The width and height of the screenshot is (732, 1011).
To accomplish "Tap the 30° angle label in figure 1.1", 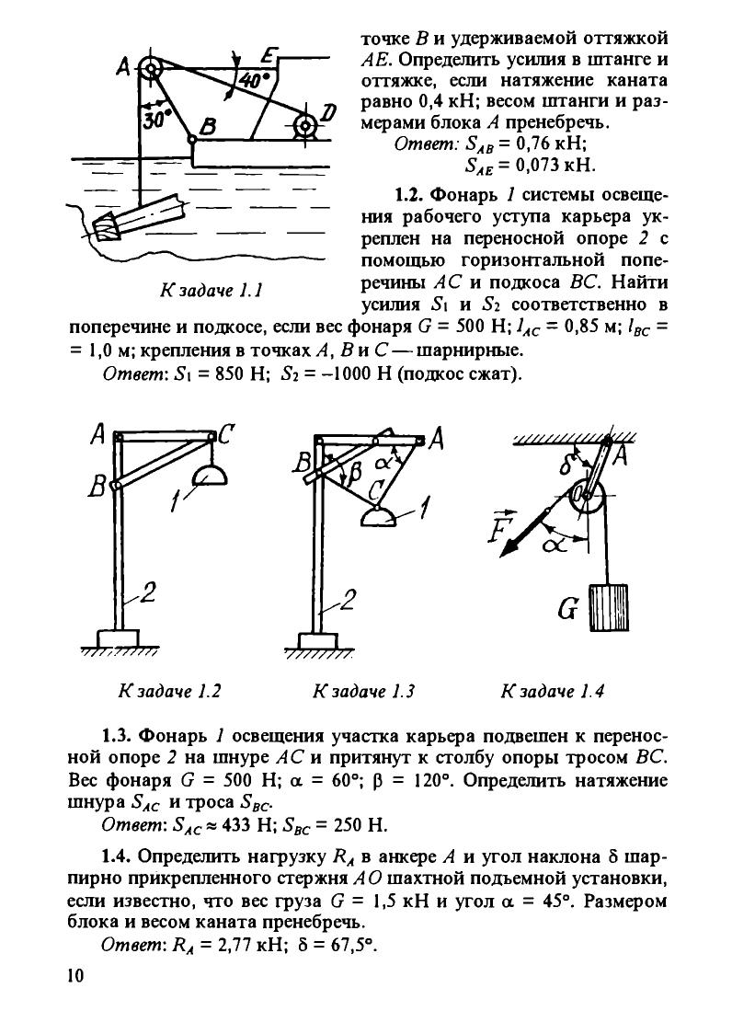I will tap(153, 121).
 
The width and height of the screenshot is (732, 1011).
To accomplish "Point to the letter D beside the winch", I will tap(328, 112).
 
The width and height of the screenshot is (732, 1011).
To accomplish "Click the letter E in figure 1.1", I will tap(269, 57).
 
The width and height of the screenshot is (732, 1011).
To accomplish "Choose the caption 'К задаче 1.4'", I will tap(553, 691).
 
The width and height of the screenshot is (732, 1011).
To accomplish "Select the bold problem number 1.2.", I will tap(408, 195).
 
